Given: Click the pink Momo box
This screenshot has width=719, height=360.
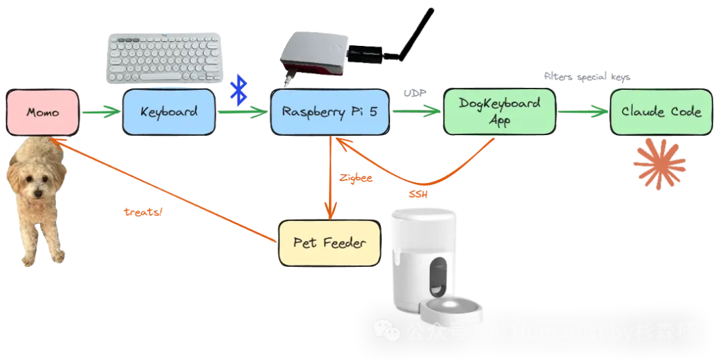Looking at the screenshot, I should (x=43, y=112).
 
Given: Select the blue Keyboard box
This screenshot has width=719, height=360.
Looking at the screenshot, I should (x=169, y=111).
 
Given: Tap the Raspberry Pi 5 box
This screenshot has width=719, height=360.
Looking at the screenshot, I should (x=330, y=112).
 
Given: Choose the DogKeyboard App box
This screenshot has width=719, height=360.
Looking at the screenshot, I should (x=500, y=112).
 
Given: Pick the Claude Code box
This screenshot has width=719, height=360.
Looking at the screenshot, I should (x=660, y=112).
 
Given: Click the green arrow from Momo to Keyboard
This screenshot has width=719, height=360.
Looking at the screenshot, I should (x=101, y=112).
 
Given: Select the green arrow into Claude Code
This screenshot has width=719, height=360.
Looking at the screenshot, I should (x=583, y=112).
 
